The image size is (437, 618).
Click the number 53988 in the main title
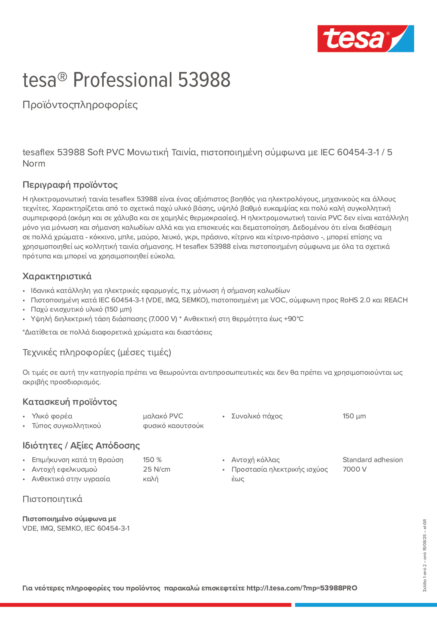point(204,80)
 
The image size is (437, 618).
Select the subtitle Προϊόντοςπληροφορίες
point(80,105)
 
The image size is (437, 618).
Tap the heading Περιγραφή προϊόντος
point(70,185)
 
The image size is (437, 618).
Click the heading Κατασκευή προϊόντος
point(69,402)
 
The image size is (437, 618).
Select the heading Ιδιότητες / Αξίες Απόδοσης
point(81,445)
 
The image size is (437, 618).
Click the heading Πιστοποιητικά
point(52,499)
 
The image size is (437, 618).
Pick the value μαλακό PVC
point(163,416)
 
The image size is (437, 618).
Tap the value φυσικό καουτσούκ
point(173,426)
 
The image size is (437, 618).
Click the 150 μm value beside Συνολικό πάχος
point(354,416)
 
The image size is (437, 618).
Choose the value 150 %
point(152,460)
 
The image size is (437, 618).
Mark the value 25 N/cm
point(156,469)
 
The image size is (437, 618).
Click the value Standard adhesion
point(372,460)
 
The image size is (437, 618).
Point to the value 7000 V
point(354,469)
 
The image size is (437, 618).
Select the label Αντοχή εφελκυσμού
point(64,469)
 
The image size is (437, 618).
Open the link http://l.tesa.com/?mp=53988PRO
point(302,588)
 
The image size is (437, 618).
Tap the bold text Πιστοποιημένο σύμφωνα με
point(69,519)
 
